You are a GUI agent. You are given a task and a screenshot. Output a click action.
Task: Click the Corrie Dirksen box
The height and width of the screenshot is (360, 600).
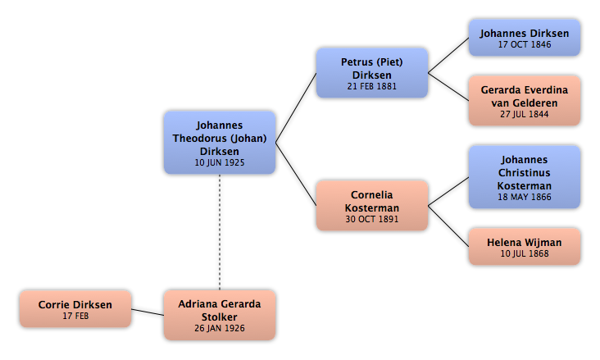coord(75,308)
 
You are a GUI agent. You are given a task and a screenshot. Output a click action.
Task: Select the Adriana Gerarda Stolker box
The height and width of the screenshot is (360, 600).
coord(220,315)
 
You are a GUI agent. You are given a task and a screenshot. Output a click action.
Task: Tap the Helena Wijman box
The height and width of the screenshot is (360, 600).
coord(525,247)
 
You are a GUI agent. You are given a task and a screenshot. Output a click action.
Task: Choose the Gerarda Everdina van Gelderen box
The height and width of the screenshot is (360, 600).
coord(525,100)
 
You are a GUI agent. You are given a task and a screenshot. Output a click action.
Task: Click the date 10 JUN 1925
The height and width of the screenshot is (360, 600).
coord(220,162)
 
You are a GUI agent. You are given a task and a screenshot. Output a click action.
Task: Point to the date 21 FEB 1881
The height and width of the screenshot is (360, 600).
coord(372,86)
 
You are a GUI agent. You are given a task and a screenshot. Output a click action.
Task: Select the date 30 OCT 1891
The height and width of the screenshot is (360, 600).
coord(372,219)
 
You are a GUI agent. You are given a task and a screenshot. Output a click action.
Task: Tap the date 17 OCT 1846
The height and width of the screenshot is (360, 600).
coord(525,44)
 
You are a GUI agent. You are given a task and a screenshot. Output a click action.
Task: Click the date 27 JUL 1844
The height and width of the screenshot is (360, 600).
coord(525,114)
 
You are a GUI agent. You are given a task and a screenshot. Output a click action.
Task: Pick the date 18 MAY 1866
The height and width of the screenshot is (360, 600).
coord(525,197)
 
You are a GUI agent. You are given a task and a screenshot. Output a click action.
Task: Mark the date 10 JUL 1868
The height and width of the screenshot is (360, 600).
coord(525,253)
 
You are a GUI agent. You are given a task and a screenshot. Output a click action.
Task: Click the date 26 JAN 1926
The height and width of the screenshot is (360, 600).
coord(220,328)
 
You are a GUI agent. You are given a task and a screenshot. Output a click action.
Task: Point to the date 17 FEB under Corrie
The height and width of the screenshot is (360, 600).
coord(75,316)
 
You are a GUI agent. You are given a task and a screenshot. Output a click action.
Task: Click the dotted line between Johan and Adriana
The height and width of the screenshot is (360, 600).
coord(220,232)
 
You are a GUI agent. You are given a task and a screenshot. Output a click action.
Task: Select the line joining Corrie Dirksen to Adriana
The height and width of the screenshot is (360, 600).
coord(148,312)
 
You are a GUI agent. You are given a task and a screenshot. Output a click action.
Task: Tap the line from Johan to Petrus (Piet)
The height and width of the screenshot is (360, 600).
coord(296,108)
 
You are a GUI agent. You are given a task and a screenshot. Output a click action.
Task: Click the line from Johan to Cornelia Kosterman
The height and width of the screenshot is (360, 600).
coord(296,174)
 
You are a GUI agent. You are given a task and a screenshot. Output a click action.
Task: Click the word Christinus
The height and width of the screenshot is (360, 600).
coord(525,173)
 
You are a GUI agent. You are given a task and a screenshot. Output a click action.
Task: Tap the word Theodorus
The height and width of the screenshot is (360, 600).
coord(196,139)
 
